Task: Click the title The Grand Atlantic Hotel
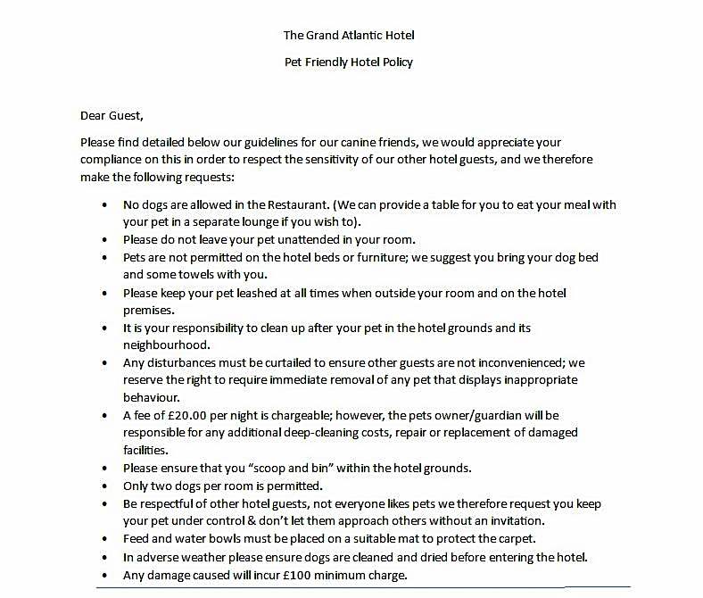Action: tap(349, 36)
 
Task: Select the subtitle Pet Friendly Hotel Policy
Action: tap(349, 62)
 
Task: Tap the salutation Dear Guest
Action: tap(112, 116)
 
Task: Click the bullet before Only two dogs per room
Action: tap(107, 486)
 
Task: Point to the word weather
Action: tap(207, 557)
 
